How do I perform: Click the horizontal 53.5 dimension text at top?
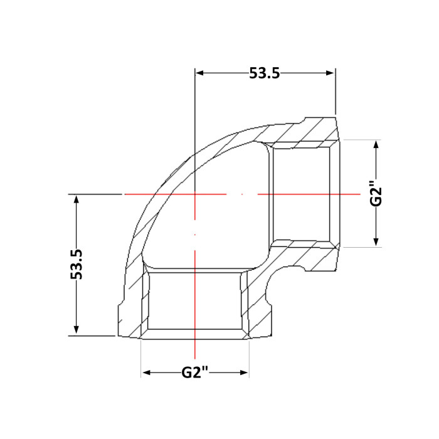(264, 73)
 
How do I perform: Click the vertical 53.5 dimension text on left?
(77, 264)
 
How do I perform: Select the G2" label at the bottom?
(195, 373)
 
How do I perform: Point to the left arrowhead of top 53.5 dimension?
(199, 73)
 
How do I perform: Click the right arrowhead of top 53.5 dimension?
(331, 73)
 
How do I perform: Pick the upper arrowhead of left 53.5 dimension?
(77, 199)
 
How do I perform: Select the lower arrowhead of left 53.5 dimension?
(77, 331)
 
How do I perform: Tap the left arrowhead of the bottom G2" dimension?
(147, 373)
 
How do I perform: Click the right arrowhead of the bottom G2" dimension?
(244, 373)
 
